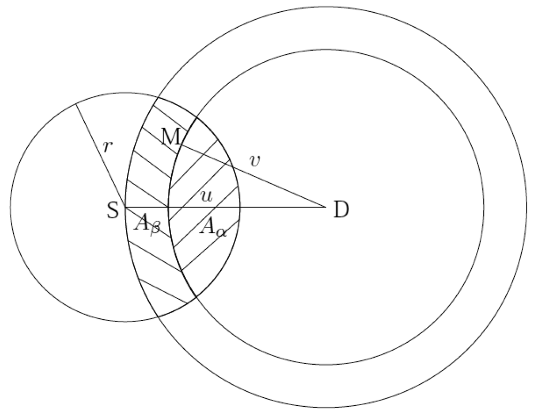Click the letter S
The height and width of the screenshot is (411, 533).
[113, 211]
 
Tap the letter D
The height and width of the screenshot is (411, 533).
[341, 211]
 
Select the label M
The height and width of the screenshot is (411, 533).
[171, 138]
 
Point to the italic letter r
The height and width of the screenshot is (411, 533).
[108, 147]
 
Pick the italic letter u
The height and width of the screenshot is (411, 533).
[206, 196]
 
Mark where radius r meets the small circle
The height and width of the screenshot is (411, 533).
[76, 103]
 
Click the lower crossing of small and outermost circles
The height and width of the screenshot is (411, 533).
[158, 317]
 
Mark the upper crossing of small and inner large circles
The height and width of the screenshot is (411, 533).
[197, 117]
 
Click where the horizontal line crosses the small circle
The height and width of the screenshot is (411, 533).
[240, 207]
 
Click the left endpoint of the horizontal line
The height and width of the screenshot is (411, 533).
[125, 207]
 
